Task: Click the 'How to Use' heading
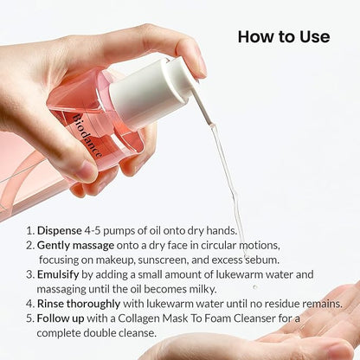(284, 37)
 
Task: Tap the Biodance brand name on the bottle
(87, 136)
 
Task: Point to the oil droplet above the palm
(254, 287)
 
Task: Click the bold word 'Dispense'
(60, 230)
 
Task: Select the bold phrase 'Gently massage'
(75, 245)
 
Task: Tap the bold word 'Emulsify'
(58, 274)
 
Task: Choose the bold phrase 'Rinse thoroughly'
(79, 304)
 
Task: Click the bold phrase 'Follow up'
(61, 318)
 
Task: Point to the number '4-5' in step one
(93, 230)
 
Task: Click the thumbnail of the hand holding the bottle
(86, 170)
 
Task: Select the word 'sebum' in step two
(262, 260)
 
